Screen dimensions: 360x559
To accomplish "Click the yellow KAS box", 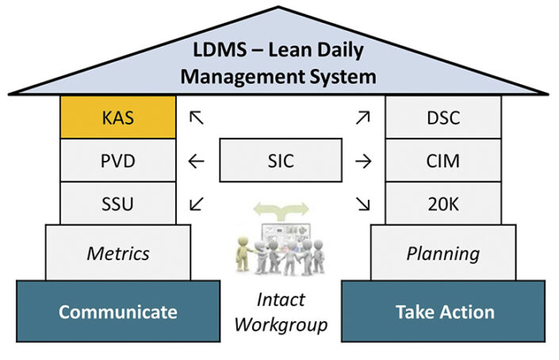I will coord(118,117).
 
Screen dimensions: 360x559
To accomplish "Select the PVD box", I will coord(118,161).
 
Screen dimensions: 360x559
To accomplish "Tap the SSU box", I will coord(118,204).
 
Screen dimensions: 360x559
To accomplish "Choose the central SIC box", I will coord(280,161).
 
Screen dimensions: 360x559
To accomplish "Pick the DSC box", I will coord(442,117).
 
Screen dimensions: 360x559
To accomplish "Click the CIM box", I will coord(442,161).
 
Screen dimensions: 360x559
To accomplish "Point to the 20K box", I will coord(442,204).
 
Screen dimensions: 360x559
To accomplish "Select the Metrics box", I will coord(118,253).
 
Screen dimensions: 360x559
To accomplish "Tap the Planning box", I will coord(442,253).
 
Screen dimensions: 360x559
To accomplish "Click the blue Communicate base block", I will coord(118,311).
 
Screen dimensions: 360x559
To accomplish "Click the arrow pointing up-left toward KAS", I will coord(197,117).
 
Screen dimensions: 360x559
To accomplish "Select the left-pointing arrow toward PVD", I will coord(197,162).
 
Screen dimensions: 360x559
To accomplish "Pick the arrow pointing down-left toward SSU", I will coord(197,204).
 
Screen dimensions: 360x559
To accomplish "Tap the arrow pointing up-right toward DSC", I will coord(363,117).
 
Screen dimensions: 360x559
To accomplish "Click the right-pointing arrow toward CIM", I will coord(363,162).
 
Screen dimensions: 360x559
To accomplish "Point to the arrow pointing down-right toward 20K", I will coord(363,204).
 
